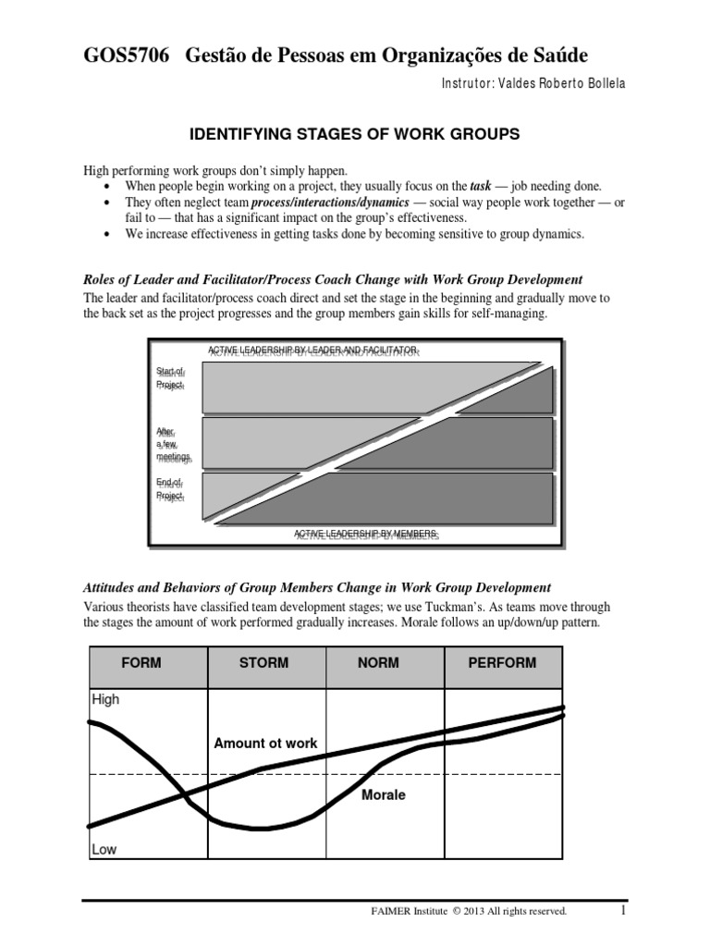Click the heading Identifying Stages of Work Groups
(x=355, y=135)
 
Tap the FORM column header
(x=148, y=663)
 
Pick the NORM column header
(x=385, y=663)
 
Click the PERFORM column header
(x=503, y=663)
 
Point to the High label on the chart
(x=105, y=700)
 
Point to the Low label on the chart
(x=104, y=849)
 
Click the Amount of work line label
(x=265, y=743)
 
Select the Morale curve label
(x=383, y=794)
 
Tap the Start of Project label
(x=170, y=378)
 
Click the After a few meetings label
(x=173, y=444)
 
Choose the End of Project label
(x=170, y=489)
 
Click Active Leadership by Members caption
(x=366, y=535)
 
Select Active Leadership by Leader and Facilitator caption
(x=314, y=351)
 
